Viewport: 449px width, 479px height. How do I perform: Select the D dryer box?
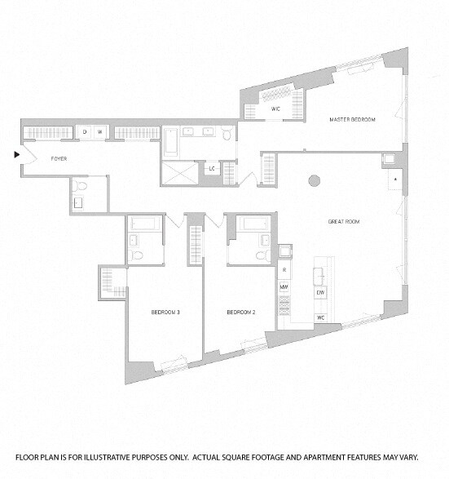click(85, 131)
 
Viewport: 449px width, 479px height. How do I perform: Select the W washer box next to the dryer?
click(100, 131)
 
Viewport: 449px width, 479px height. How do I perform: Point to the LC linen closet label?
click(212, 169)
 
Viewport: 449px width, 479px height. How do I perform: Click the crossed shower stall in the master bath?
click(178, 172)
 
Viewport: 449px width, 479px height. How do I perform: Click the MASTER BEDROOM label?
click(352, 120)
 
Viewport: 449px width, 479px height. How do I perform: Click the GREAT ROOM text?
click(346, 221)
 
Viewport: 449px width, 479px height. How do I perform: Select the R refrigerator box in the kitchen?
click(284, 268)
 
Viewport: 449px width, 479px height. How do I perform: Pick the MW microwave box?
click(284, 286)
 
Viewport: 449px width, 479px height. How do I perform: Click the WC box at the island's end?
click(321, 317)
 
